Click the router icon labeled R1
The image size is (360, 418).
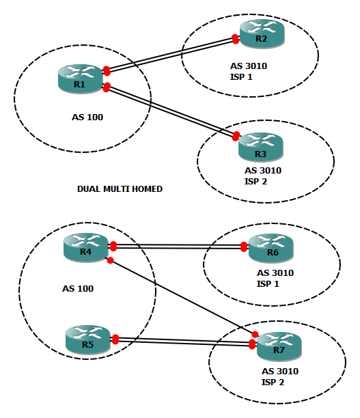[80, 78]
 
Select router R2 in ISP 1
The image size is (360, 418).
[261, 33]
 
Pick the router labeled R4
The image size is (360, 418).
[85, 247]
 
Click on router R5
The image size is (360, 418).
[87, 339]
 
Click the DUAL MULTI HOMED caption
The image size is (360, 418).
[120, 189]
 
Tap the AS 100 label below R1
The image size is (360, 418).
[87, 117]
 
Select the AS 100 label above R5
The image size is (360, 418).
[77, 288]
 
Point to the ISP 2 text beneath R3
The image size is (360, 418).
[255, 181]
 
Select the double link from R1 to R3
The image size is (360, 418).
[171, 110]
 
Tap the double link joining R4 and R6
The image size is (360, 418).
[178, 247]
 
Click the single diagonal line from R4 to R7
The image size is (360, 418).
[181, 297]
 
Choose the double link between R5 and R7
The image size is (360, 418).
[183, 341]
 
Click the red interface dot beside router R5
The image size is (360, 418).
[115, 339]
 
